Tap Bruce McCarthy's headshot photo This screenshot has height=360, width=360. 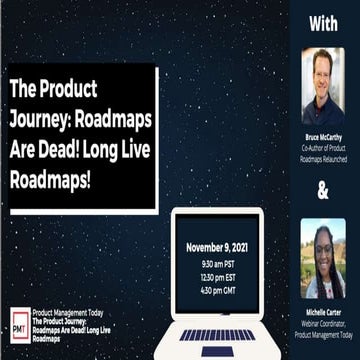click(323, 84)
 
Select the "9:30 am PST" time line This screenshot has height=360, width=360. click(216, 265)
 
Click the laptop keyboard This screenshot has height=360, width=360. click(216, 335)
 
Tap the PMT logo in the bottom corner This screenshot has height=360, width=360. click(19, 322)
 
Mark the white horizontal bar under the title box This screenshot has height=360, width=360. click(83, 211)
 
